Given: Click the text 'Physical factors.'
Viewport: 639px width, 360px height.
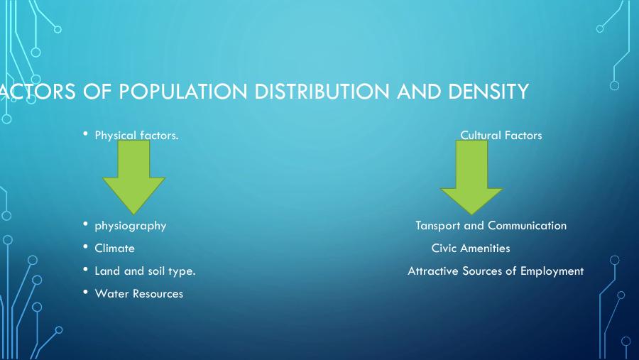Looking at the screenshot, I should [136, 135].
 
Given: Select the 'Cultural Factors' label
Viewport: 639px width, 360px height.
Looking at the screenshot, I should [501, 135].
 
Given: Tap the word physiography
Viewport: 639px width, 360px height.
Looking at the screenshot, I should [130, 226].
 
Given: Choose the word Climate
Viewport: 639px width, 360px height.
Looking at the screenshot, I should [114, 249].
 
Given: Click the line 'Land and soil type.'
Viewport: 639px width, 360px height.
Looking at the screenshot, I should [145, 271].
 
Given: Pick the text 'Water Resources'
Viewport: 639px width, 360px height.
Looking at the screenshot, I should [138, 294].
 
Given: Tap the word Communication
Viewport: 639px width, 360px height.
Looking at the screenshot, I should [527, 226].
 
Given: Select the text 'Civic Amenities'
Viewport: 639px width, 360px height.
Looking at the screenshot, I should [471, 249].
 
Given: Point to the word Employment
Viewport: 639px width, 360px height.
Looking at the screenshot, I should [552, 271].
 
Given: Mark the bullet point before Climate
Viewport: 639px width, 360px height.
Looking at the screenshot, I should [85, 247].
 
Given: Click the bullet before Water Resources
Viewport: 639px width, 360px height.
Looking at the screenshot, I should [85, 293].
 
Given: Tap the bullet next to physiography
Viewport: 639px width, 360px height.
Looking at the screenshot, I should [85, 224].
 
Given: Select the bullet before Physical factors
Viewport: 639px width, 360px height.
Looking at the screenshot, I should [85, 133].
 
